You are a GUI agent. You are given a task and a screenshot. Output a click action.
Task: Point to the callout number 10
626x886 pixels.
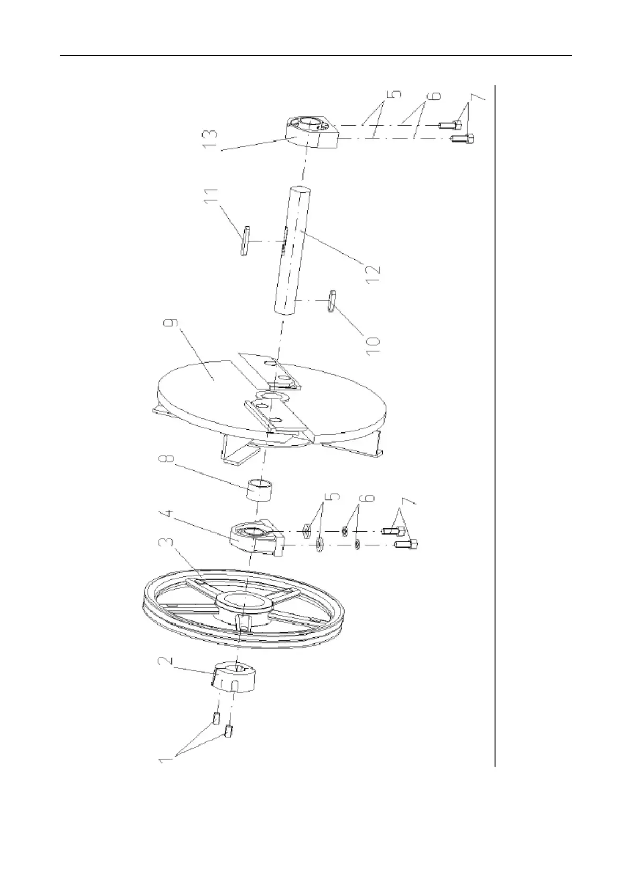[x=374, y=341]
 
